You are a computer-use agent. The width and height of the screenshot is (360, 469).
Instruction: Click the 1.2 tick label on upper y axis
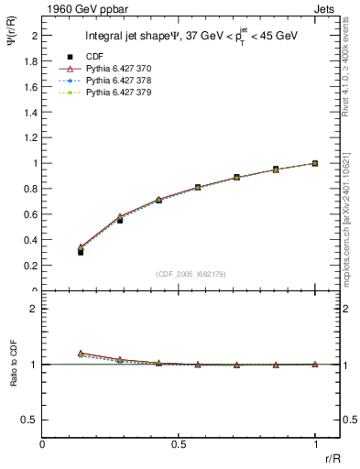pos(31,137)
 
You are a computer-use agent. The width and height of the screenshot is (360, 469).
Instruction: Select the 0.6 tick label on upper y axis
pos(31,214)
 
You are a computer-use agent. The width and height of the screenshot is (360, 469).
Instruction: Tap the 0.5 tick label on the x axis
pos(179,444)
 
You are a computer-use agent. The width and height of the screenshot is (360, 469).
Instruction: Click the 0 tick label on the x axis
pos(42,444)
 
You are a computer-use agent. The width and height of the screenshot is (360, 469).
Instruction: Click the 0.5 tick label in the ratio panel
pos(31,420)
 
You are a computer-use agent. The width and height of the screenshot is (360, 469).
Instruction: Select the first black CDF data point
pos(81,252)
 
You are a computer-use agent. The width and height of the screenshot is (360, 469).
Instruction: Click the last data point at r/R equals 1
pos(315,163)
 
